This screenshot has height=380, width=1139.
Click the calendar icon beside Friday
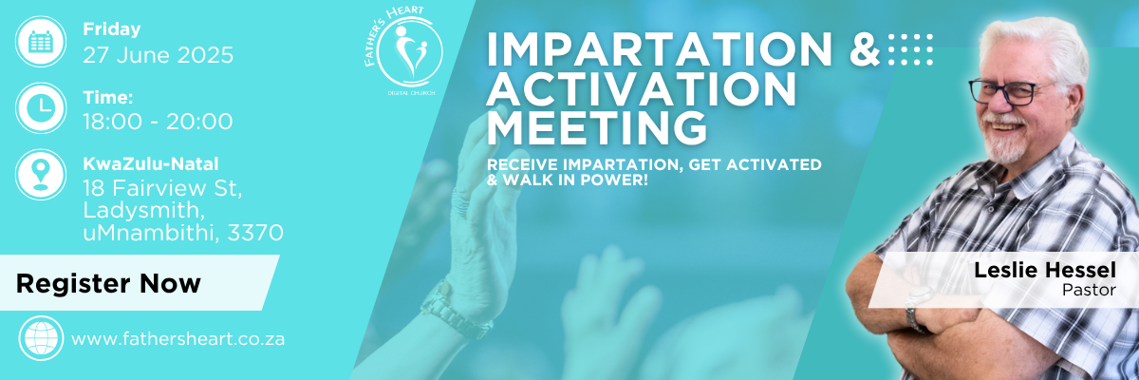click(41, 41)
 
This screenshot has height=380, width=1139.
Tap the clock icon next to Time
click(41, 108)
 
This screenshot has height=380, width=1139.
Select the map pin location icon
click(41, 175)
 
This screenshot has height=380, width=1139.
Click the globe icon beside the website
click(41, 338)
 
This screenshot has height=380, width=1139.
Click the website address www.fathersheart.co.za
click(178, 339)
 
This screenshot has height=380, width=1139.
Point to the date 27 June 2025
click(159, 55)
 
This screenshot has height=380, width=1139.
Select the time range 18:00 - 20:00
click(158, 122)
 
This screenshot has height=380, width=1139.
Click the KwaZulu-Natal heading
click(151, 163)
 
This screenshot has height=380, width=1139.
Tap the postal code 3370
click(255, 233)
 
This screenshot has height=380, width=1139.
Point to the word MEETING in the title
click(597, 127)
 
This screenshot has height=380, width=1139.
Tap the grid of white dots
click(910, 49)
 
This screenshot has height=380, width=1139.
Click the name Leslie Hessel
click(1045, 270)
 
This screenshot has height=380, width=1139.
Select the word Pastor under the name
click(1089, 290)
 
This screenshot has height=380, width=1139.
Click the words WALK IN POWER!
click(575, 180)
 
